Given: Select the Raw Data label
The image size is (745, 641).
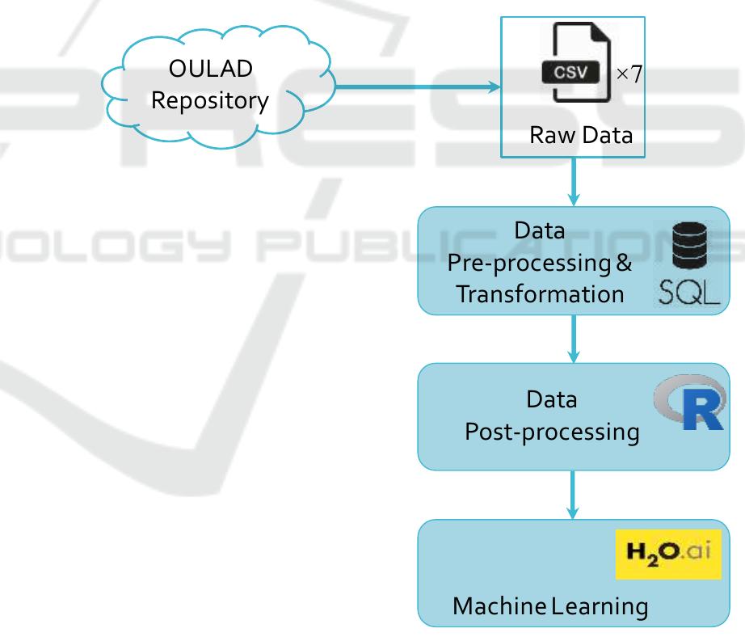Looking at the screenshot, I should [x=581, y=135].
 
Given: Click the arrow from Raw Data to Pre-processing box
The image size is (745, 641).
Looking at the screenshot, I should [x=574, y=182].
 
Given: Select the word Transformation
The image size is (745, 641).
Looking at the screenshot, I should [x=540, y=293].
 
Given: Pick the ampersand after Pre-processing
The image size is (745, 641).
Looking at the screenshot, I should [x=625, y=263].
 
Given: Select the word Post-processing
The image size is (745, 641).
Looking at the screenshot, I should [x=552, y=432].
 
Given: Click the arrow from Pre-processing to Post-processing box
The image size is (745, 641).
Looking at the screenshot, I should [x=574, y=339].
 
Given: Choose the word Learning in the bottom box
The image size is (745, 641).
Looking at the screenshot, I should [x=600, y=605].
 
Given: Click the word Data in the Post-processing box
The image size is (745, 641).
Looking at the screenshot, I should [x=551, y=399].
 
